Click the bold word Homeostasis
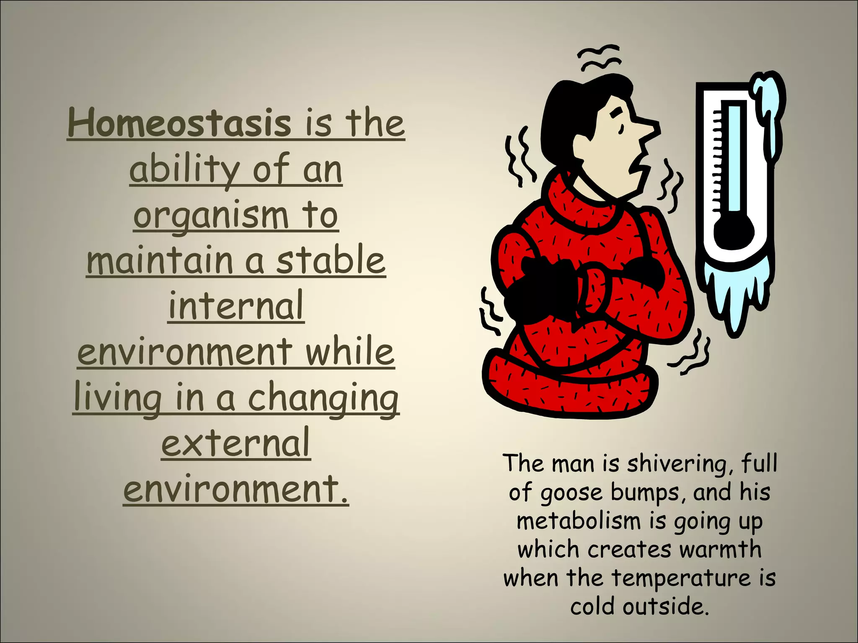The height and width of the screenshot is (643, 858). click(179, 123)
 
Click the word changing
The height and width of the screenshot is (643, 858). click(323, 398)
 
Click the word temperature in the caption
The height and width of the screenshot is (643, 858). click(681, 578)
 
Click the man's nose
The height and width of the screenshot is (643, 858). click(647, 129)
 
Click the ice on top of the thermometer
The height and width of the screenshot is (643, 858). click(769, 96)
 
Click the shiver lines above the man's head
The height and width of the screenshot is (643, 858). click(599, 59)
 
